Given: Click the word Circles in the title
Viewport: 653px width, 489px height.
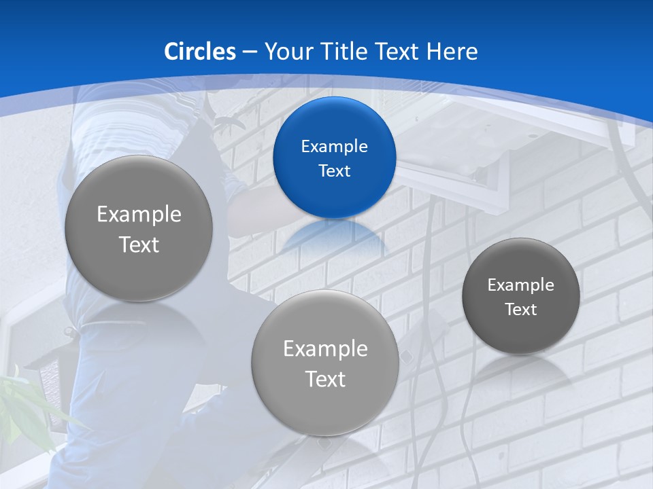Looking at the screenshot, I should pos(200,52).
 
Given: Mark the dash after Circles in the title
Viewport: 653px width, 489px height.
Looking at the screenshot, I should pos(250,52).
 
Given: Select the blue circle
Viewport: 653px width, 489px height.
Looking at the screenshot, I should pos(334,158).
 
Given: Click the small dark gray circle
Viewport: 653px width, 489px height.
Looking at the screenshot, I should pos(521,296).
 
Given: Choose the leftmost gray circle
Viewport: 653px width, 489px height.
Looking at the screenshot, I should pos(139,229).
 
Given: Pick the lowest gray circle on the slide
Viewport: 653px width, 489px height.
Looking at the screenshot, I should pos(325,363).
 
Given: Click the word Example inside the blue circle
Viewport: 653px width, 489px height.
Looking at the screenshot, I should pos(334,146).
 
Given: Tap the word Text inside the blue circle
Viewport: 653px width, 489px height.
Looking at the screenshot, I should pos(334,170).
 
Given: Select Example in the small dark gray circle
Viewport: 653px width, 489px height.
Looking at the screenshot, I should pos(521,285).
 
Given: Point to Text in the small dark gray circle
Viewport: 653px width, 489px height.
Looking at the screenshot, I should pos(521,310).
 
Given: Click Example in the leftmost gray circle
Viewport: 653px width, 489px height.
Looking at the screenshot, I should pos(139,215).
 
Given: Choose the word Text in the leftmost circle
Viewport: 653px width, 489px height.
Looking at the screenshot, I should pos(139,244).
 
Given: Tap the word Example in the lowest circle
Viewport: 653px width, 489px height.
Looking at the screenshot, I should pos(325,349).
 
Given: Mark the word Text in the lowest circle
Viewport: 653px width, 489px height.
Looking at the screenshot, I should pos(325,379).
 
